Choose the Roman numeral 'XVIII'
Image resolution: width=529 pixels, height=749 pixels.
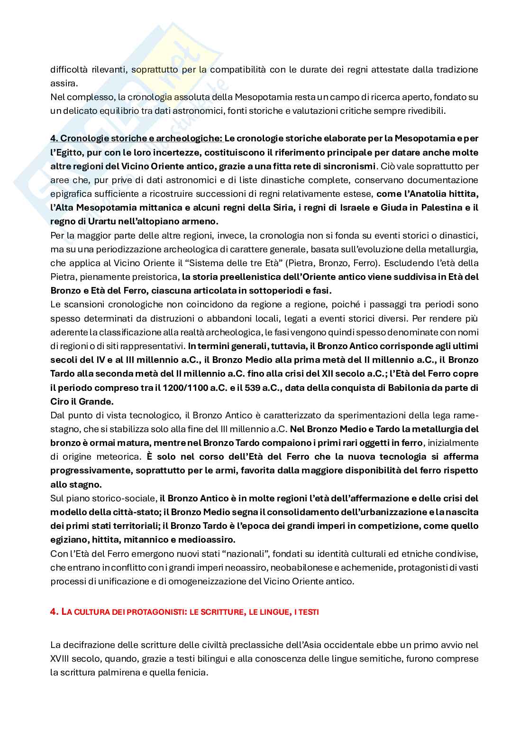coord(61,658)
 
